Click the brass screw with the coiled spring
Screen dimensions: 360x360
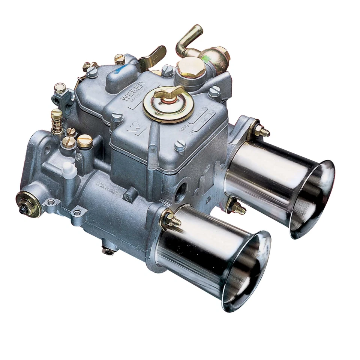pos(57,121)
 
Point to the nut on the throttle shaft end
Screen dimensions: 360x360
pos(24,209)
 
